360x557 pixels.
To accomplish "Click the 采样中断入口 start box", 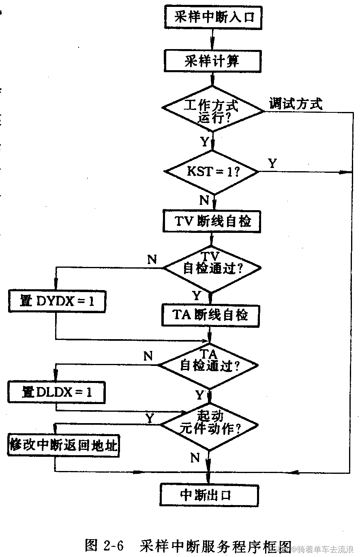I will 212,17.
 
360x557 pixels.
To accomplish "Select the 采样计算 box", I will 212,61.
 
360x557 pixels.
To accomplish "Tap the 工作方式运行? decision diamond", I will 212,109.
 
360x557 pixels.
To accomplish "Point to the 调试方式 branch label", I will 296,104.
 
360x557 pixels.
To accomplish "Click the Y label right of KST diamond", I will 273,163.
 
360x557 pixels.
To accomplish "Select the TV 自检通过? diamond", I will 212,268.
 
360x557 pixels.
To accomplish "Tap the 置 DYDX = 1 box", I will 57,301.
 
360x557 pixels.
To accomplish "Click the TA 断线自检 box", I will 210,315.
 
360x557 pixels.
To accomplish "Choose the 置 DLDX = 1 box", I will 56,391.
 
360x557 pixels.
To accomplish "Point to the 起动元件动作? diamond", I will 209,424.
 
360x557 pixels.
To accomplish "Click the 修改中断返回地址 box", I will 64,445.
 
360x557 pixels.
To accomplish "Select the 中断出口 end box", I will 209,495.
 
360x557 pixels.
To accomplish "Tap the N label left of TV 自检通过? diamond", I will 152,259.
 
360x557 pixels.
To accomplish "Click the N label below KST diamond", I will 204,200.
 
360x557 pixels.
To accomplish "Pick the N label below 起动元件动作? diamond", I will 195,458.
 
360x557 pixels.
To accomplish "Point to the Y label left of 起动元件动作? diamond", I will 150,418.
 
